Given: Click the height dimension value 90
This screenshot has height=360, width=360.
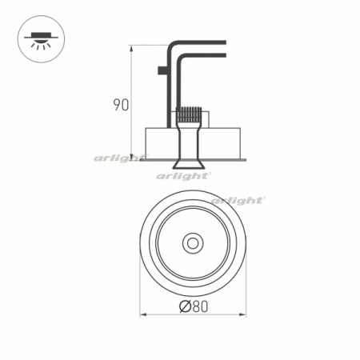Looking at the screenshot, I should pyautogui.click(x=121, y=105).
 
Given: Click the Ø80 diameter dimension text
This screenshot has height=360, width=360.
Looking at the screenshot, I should pyautogui.click(x=193, y=306).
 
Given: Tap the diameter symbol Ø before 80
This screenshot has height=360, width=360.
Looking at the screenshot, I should pyautogui.click(x=184, y=306).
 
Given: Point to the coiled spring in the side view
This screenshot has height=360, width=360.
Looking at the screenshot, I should pyautogui.click(x=189, y=115).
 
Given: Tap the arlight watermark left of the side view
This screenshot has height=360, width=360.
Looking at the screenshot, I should pyautogui.click(x=121, y=158).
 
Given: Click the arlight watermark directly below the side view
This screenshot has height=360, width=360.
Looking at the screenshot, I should pyautogui.click(x=183, y=175).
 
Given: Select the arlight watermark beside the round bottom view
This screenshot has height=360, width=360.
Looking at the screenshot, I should pyautogui.click(x=238, y=200).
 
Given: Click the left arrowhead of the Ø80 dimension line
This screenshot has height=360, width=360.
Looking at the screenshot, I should pyautogui.click(x=143, y=314).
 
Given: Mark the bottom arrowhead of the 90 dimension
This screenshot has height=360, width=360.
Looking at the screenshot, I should pyautogui.click(x=132, y=157).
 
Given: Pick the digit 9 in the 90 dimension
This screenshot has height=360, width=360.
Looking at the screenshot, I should pyautogui.click(x=117, y=105).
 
